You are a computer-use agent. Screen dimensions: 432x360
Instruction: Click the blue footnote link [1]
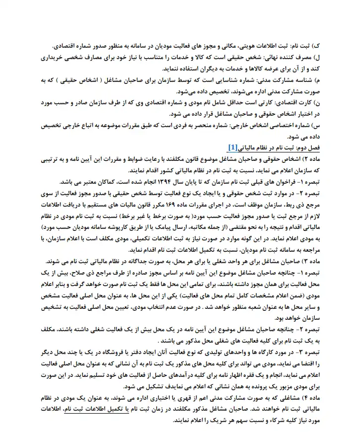coord(232,147)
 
